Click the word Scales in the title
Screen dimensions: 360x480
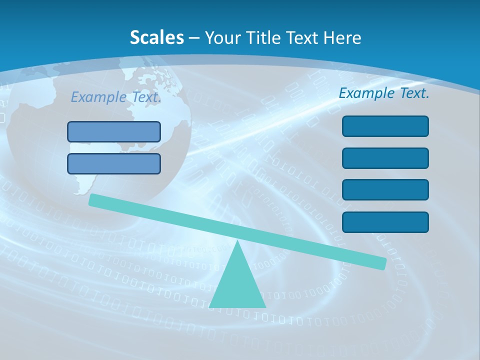(156, 37)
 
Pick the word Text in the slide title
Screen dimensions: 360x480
(303, 37)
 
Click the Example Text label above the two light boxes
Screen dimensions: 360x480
(116, 97)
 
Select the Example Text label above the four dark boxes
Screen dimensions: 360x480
(384, 93)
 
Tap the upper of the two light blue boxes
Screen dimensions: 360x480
(114, 131)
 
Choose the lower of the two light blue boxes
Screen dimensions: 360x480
(114, 163)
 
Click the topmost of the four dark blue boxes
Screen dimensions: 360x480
(385, 126)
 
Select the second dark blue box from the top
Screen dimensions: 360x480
(385, 158)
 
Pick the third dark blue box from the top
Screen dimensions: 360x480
(385, 189)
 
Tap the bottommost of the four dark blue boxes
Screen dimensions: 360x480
(385, 222)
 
